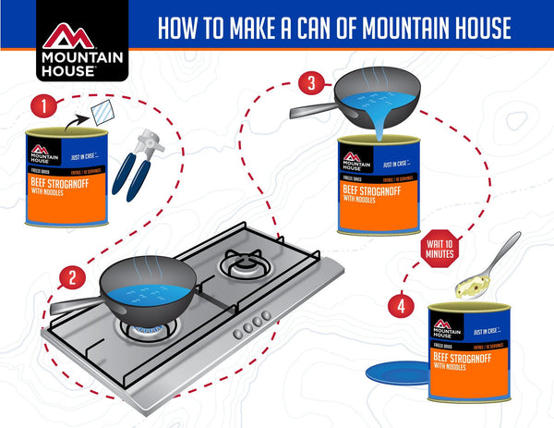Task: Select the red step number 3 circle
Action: pos(313,84)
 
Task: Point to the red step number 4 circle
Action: pos(401,302)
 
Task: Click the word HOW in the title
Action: pos(179,28)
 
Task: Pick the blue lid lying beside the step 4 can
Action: pos(395,373)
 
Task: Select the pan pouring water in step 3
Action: pos(367,96)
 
